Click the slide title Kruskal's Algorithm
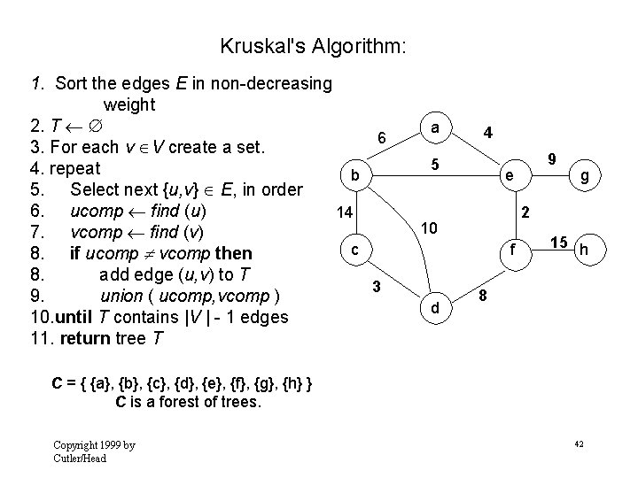(313, 45)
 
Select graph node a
(434, 128)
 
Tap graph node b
(354, 176)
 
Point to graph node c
(354, 251)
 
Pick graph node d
(434, 309)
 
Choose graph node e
(507, 176)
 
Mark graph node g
(585, 176)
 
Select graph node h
(584, 251)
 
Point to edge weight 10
(429, 228)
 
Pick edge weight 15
(558, 242)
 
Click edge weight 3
(377, 286)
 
